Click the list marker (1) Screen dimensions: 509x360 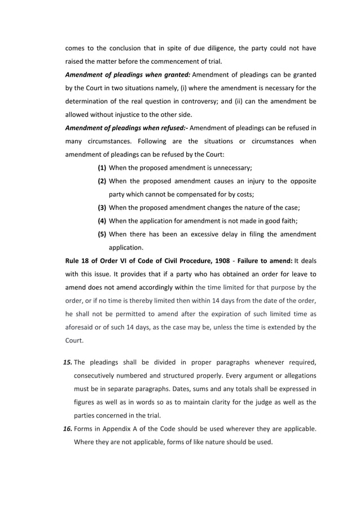102,168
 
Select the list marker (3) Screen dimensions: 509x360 102,207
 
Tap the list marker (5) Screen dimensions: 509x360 102,234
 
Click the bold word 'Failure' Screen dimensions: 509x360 250,260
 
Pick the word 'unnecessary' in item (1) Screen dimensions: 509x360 231,168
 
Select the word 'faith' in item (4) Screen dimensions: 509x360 287,221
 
